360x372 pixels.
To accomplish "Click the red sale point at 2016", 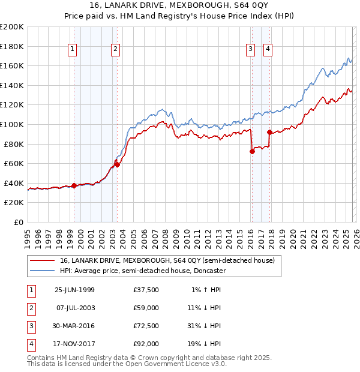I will [252, 151].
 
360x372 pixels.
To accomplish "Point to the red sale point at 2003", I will [118, 164].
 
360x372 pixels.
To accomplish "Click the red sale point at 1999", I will [74, 185].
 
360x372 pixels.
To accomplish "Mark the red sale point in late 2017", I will [269, 132].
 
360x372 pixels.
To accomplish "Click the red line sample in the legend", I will [42, 261].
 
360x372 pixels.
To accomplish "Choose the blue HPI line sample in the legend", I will [42, 271].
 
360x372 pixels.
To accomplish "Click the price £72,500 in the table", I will [146, 326].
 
